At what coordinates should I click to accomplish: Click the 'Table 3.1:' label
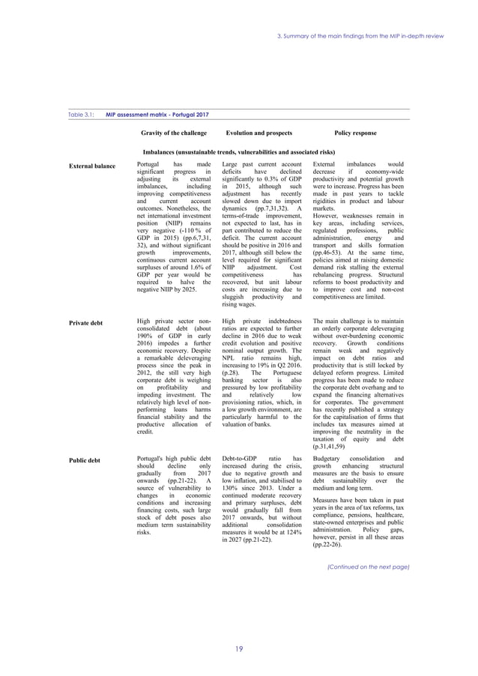tap(77, 115)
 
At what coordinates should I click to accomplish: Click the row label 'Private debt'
tap(85, 323)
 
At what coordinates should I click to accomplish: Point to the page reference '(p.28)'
tap(232, 369)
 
